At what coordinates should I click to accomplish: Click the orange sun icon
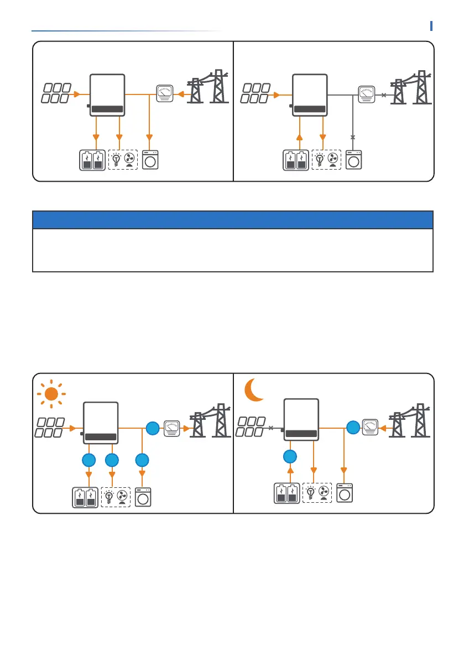pos(51,394)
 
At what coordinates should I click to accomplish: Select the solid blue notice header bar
pos(232,219)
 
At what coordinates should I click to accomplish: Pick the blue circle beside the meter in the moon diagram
pos(352,427)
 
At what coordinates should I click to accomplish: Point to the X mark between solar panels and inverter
pos(271,428)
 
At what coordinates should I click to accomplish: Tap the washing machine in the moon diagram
pos(344,492)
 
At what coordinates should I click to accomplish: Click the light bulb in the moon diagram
pos(311,493)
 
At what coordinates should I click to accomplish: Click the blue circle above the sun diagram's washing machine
pos(143,460)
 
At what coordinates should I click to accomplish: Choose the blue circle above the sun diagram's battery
pos(88,460)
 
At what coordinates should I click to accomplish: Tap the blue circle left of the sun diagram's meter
pos(152,428)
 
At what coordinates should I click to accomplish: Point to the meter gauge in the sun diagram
pos(171,428)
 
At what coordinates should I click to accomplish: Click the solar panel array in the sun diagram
pos(52,427)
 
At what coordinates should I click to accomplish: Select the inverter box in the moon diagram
pos(301,419)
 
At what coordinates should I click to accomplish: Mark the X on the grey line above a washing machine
pos(353,136)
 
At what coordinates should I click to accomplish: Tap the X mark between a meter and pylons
pos(384,94)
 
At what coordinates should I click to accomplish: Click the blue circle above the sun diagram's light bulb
pos(112,460)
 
